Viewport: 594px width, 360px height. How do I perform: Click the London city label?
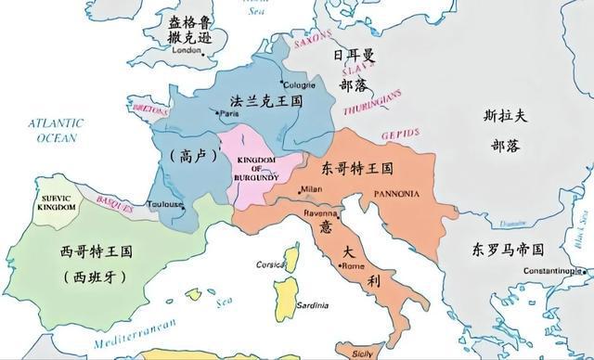pos(187,51)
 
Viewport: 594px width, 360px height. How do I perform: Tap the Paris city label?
pos(228,113)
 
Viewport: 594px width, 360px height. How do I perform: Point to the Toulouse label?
pos(165,203)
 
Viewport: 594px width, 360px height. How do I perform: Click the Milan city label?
pos(311,189)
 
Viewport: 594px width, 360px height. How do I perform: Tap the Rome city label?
pos(354,266)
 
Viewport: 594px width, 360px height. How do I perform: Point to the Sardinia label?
pos(313,304)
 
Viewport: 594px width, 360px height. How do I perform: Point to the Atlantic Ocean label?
pos(56,130)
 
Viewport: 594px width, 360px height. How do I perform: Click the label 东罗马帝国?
pos(507,250)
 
